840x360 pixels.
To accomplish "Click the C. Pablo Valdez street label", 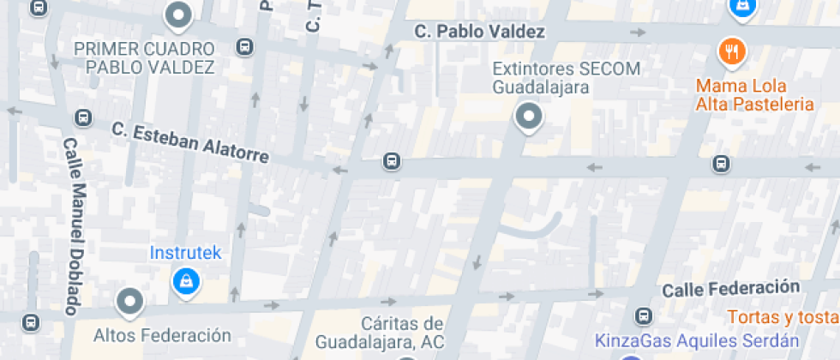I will click(479, 32).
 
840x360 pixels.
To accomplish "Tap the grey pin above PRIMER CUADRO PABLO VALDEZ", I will click(178, 15).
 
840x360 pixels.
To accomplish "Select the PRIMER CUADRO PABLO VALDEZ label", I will click(144, 57).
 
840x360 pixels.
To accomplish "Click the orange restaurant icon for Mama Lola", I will click(731, 51).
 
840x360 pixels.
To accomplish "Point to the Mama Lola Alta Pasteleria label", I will click(754, 95).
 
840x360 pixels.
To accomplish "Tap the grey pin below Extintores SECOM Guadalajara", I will click(529, 117).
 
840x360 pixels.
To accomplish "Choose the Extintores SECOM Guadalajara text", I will click(542, 78).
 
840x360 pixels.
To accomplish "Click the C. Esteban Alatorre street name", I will click(190, 142).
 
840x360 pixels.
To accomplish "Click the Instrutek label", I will click(185, 253).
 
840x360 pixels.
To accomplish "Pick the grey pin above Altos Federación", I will click(129, 301).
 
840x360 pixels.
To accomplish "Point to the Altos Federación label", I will click(163, 335).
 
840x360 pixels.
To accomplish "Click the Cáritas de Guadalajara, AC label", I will click(379, 333).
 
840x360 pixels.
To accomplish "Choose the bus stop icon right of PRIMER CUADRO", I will click(246, 46).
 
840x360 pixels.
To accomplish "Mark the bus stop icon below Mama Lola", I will click(722, 164).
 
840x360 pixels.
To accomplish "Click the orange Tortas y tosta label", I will click(782, 316).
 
